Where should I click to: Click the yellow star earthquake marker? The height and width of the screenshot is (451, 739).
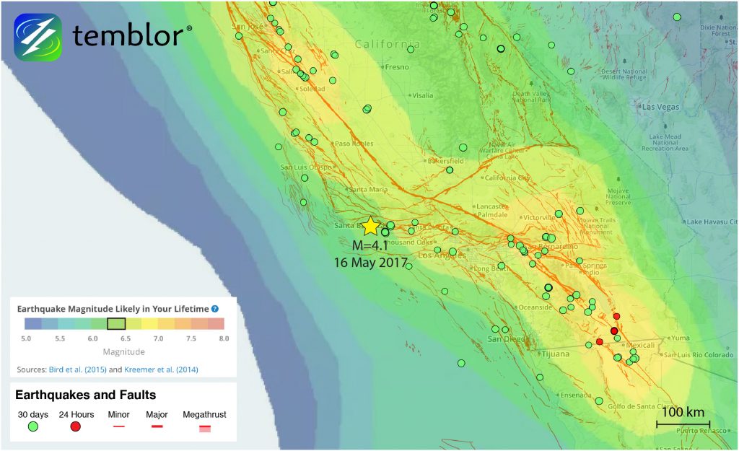pyautogui.click(x=370, y=226)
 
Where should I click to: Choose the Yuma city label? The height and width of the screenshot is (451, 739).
pyautogui.click(x=681, y=338)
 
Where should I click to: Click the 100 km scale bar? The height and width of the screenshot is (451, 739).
pyautogui.click(x=683, y=423)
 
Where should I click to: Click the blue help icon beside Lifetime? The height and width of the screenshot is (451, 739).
pyautogui.click(x=214, y=308)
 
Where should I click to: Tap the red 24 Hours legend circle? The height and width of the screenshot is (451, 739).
pyautogui.click(x=75, y=427)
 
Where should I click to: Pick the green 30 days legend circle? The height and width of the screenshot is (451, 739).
pyautogui.click(x=32, y=427)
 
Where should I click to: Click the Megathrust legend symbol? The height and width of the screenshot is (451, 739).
pyautogui.click(x=205, y=428)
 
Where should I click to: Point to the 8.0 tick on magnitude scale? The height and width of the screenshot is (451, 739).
pyautogui.click(x=224, y=337)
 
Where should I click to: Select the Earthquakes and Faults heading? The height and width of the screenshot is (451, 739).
pyautogui.click(x=85, y=395)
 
